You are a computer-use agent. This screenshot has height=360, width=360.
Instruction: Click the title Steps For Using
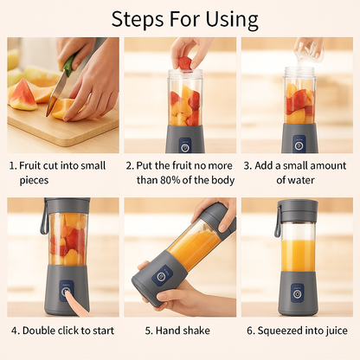[x=184, y=19]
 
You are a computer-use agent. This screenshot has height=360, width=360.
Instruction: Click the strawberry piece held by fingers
[x=184, y=62]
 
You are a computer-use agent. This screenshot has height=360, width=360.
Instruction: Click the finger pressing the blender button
[x=76, y=305]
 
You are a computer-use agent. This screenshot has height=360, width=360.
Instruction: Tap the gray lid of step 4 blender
[x=67, y=205]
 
